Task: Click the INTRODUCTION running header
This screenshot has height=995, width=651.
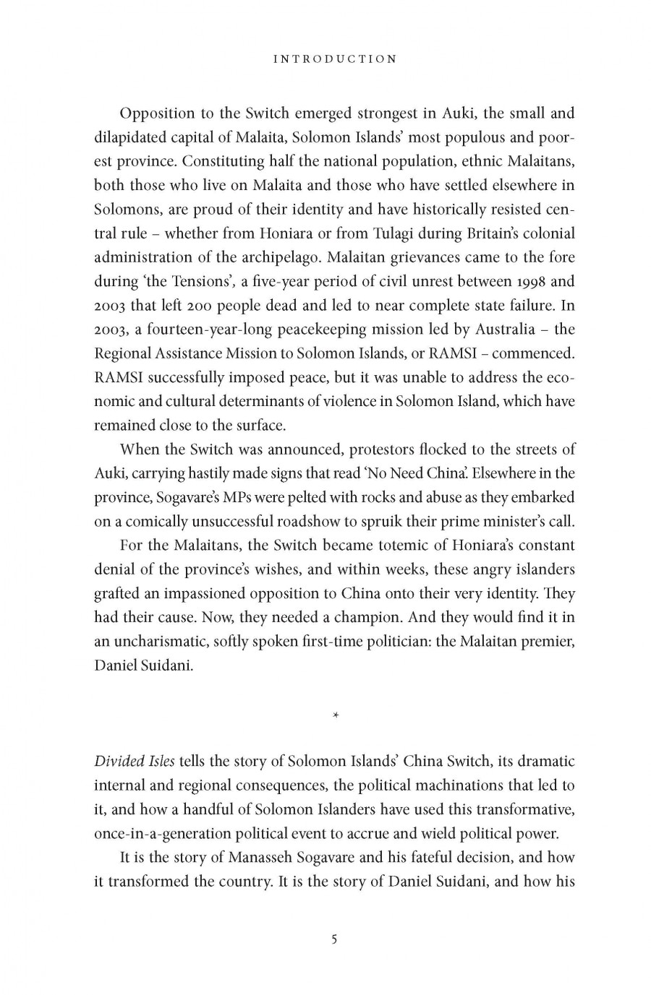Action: tap(335, 59)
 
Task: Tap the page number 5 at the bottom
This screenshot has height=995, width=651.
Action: tap(334, 939)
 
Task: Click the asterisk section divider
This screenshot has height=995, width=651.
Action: tap(335, 715)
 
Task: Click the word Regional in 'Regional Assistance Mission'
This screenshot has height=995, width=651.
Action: tap(122, 353)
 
